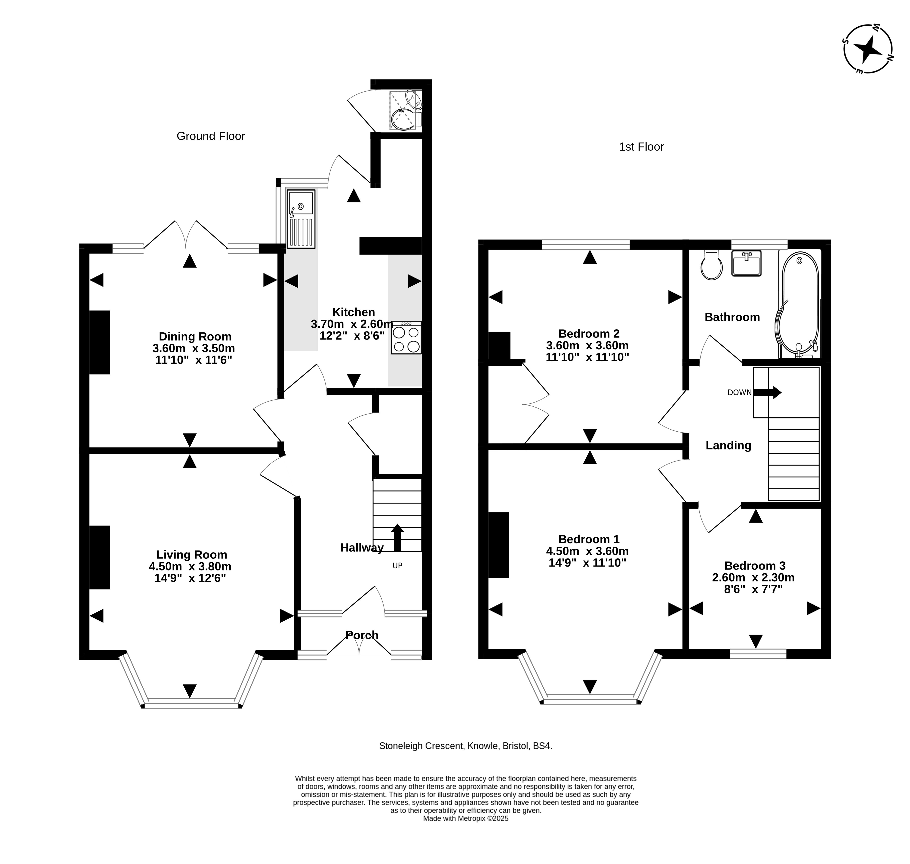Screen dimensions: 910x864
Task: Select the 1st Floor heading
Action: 641,147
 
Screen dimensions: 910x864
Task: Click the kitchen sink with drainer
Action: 301,219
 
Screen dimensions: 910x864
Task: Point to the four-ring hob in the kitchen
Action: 406,338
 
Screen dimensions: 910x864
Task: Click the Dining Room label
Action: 195,337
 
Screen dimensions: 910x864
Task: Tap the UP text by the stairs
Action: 397,566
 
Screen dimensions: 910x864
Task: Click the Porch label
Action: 362,635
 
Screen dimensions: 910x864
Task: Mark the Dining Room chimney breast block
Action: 99,342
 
